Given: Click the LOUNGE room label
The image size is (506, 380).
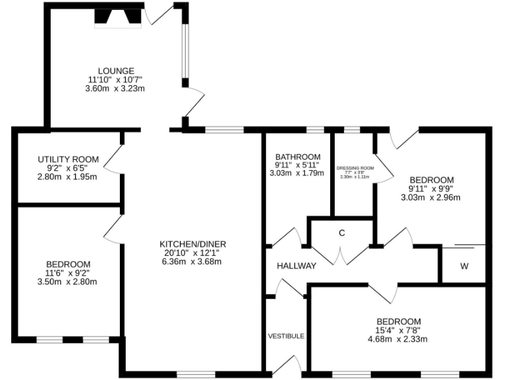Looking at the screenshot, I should pos(116,71).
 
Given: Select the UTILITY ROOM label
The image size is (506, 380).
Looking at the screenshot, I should pos(68,160).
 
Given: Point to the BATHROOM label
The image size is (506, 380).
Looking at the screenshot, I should pos(298,157).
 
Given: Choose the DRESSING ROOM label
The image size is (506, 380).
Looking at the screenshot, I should pos(355,168).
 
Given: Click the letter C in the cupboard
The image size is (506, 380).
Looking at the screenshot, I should pos(342,233).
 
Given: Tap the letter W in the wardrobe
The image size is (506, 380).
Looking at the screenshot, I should pos(464,267).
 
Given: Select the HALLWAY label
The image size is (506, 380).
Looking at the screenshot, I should pos(296,266).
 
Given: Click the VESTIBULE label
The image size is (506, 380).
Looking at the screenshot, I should pos(286,336).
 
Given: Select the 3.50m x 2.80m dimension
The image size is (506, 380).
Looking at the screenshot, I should pos(68,282).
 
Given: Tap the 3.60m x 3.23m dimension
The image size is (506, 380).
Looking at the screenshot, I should pos(115,88).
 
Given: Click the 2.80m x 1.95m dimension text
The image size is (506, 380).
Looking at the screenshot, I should pos(68,177).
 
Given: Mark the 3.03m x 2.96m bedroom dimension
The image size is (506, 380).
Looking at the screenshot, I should pos(432,197).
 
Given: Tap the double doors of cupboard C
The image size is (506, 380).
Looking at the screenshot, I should pos(341,255).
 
